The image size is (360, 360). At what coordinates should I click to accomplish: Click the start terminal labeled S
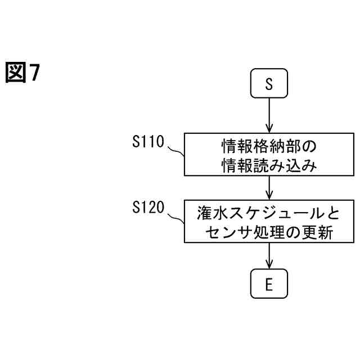269,84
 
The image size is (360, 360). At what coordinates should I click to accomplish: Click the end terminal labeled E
269,285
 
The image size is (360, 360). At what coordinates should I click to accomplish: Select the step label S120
148,208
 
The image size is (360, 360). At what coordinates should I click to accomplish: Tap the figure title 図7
24,73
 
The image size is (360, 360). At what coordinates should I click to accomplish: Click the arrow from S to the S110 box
269,115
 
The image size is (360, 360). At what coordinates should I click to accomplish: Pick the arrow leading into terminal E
269,256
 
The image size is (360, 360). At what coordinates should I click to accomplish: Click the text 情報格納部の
269,147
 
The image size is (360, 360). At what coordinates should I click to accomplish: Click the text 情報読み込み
269,166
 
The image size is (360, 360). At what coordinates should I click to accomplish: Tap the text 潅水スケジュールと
269,214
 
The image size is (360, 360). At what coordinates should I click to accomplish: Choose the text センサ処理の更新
269,232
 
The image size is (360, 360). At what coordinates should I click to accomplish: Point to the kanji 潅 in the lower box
205,214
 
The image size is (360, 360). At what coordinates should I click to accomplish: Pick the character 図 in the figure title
16,73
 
